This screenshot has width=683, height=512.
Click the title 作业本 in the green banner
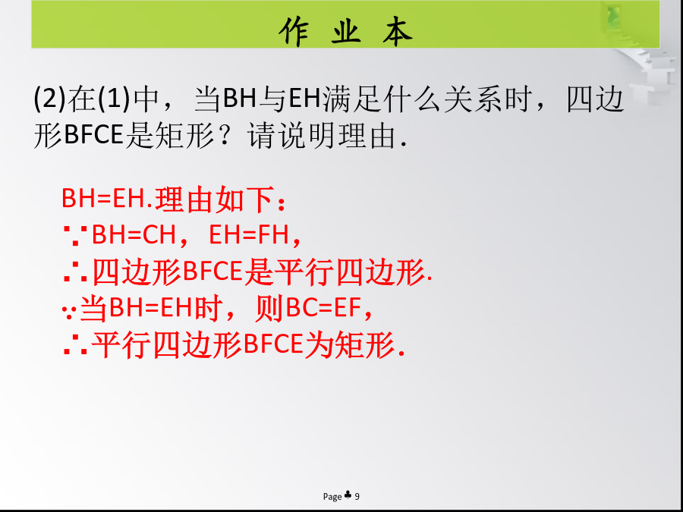(x=345, y=31)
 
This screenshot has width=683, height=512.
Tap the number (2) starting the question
(x=49, y=99)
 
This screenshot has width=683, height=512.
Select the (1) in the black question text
(x=115, y=99)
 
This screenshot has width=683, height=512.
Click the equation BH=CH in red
(x=134, y=236)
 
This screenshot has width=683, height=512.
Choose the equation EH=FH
(x=249, y=236)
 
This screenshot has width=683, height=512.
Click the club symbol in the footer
(x=348, y=495)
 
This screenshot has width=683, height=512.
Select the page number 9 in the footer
(x=357, y=496)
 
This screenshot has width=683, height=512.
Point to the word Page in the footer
(x=332, y=497)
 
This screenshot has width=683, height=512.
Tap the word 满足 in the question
(x=351, y=99)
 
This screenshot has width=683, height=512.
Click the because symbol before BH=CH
(x=76, y=236)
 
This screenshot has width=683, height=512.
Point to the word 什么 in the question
(x=411, y=99)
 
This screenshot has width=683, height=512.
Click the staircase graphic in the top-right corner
(x=644, y=61)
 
